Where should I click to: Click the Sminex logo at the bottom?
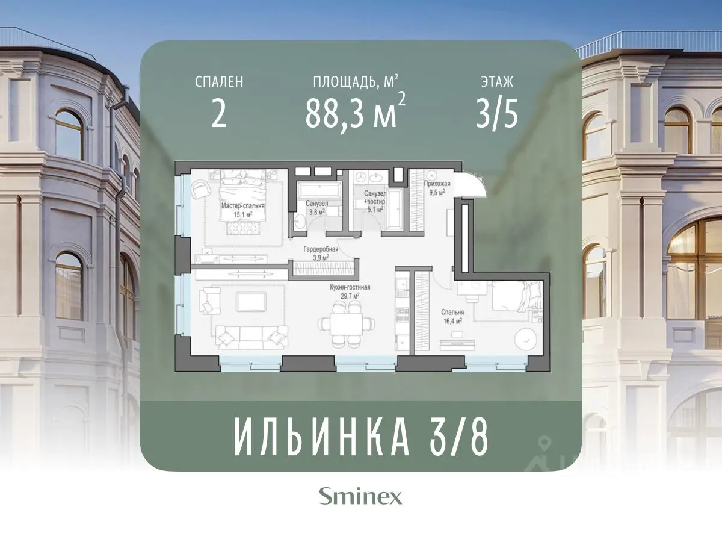(360, 497)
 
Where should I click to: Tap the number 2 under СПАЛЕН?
(219, 114)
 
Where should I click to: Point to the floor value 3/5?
(496, 114)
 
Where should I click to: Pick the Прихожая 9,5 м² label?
(434, 188)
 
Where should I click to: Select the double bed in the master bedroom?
(243, 193)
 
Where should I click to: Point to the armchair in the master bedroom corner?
(199, 189)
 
